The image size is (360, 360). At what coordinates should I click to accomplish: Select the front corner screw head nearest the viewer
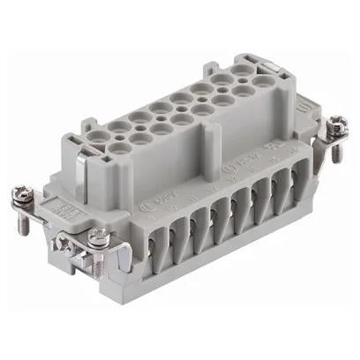pos(99,236)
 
